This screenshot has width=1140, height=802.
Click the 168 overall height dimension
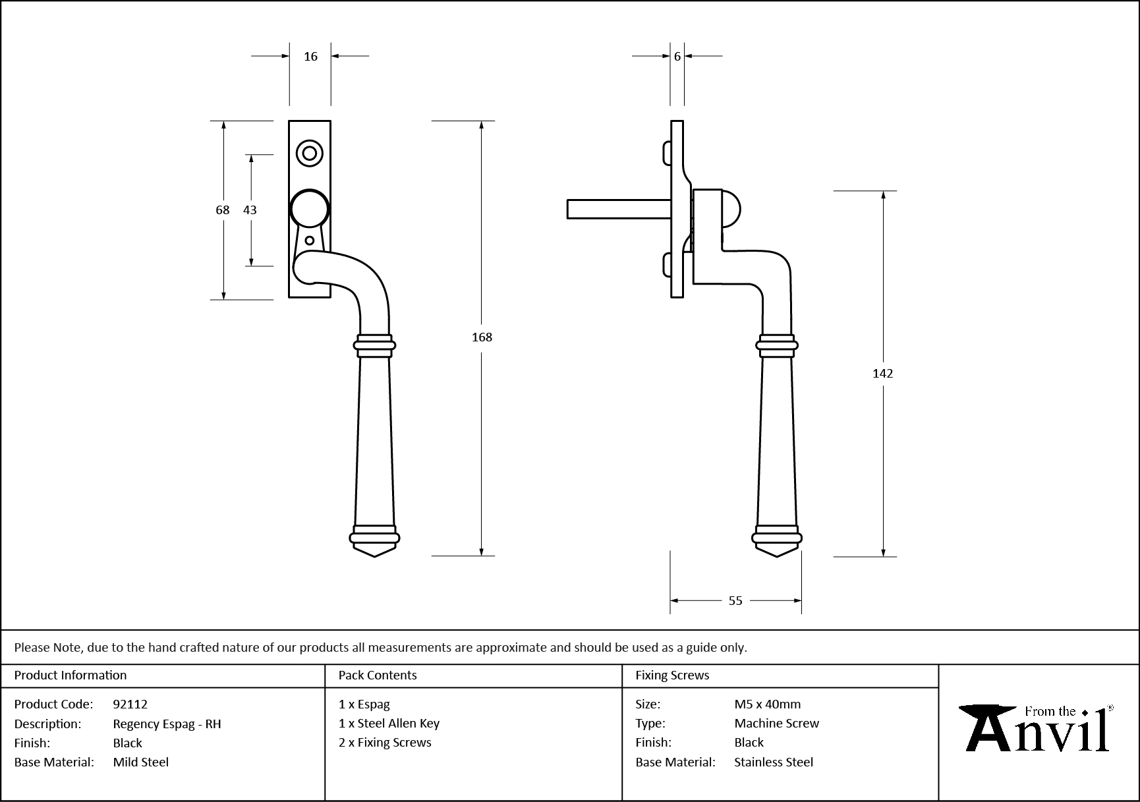tap(482, 337)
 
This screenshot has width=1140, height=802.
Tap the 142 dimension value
tap(882, 374)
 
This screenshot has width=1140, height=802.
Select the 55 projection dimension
tap(735, 600)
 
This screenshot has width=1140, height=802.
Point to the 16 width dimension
tap(310, 57)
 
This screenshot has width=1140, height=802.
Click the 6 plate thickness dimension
tap(677, 57)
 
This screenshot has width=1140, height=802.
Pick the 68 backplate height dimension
tap(223, 210)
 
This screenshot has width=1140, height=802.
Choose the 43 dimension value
tap(250, 210)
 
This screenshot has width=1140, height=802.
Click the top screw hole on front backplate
tap(309, 154)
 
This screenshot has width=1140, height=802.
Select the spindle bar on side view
tap(618, 209)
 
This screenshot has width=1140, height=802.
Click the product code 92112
tap(130, 704)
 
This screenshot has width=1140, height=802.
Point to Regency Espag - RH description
tap(167, 724)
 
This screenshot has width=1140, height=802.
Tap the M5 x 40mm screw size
tap(767, 704)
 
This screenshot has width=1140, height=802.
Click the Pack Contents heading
tap(378, 675)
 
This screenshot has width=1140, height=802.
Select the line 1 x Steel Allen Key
tap(389, 723)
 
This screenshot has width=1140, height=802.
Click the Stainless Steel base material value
tap(774, 762)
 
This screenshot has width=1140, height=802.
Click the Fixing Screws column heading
tap(672, 675)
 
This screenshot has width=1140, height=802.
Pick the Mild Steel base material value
tap(141, 762)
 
